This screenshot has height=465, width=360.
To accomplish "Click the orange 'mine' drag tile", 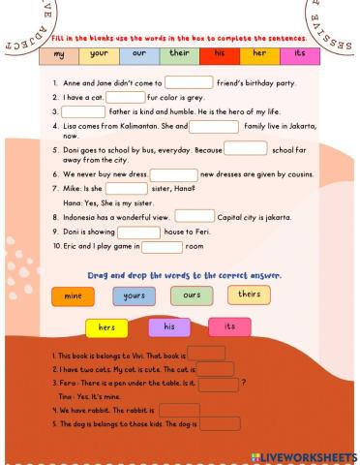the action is [74, 297].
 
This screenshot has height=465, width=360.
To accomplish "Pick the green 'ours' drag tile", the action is [192, 295].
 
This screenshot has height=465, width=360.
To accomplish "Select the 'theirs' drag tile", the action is [249, 294].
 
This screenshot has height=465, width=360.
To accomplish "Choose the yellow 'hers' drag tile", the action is [106, 328].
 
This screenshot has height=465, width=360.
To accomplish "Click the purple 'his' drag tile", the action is [168, 327].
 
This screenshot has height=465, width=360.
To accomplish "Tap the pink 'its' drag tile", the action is [229, 327].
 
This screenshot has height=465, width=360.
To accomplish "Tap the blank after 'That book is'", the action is [205, 354].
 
